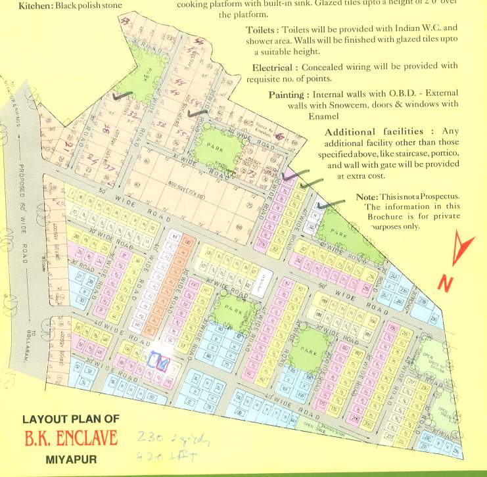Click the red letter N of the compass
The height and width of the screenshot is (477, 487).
pyautogui.click(x=446, y=283)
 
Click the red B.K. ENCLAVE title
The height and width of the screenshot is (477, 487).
pyautogui.click(x=70, y=438)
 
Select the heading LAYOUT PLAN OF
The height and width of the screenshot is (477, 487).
pyautogui.click(x=70, y=419)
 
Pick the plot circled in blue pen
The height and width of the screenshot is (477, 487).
pyautogui.click(x=156, y=360)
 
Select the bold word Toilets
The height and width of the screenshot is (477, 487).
pyautogui.click(x=262, y=30)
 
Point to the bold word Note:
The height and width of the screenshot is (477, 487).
pyautogui.click(x=367, y=197)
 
